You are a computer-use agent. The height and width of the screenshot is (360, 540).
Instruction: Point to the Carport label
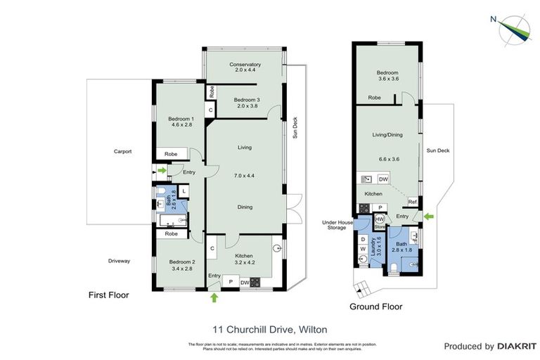pyautogui.click(x=124, y=151)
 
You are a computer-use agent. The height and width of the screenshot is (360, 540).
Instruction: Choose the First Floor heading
pyautogui.click(x=109, y=295)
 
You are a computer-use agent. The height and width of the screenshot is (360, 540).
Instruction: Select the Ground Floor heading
pyautogui.click(x=376, y=307)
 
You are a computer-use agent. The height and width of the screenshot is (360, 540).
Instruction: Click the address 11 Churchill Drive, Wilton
pyautogui.click(x=270, y=329)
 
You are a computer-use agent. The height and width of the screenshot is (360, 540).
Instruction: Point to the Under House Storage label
pyautogui.click(x=337, y=225)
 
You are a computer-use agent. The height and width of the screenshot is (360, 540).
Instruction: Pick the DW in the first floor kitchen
pyautogui.click(x=245, y=283)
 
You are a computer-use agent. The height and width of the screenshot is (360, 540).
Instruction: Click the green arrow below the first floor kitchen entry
pyautogui.click(x=214, y=298)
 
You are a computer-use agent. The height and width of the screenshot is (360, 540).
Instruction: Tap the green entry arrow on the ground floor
pyautogui.click(x=430, y=217)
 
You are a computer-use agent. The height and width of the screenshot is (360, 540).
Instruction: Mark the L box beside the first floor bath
pyautogui.click(x=184, y=191)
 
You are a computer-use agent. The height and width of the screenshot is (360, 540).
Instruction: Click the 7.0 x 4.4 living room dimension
pyautogui.click(x=245, y=178)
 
